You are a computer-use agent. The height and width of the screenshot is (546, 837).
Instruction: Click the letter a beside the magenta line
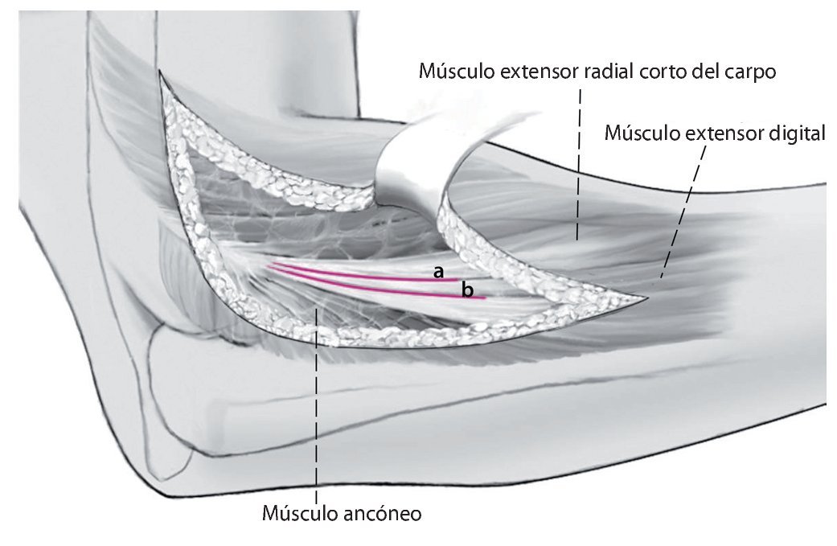tap(438, 273)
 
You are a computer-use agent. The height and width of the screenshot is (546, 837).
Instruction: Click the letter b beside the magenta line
tap(467, 289)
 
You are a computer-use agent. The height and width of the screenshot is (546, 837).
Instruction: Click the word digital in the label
tap(796, 133)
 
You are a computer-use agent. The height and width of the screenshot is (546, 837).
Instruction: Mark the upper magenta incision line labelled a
tap(354, 273)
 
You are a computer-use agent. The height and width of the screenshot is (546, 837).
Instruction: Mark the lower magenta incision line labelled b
tap(378, 288)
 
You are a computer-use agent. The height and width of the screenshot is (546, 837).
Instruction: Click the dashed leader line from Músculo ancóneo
tap(318, 402)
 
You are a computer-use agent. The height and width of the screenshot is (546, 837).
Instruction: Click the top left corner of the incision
tap(161, 72)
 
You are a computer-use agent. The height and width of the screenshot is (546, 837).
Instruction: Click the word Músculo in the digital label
tap(643, 133)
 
